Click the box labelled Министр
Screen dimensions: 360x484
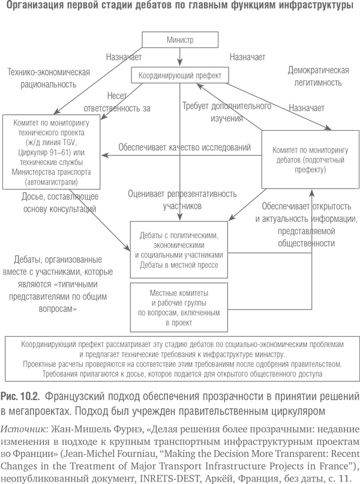point(180,40)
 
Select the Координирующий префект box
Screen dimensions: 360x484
point(180,75)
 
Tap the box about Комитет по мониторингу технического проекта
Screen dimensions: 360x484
point(51,152)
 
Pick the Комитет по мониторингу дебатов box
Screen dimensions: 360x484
point(310,160)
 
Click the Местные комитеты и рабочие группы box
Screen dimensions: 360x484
point(179,307)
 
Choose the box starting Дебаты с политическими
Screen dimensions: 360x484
point(179,250)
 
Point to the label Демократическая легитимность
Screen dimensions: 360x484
point(319,76)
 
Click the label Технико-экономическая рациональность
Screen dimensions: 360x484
point(49,78)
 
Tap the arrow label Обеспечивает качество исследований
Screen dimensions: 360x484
point(184,147)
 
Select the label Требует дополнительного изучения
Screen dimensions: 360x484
point(227,112)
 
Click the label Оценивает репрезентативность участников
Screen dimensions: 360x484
point(182,200)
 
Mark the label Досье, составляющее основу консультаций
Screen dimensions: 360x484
point(60,202)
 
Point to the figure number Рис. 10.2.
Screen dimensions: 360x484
point(20,396)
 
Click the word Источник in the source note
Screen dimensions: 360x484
point(25,429)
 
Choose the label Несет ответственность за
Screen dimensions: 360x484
point(117,102)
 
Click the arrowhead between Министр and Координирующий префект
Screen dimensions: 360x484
point(180,64)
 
